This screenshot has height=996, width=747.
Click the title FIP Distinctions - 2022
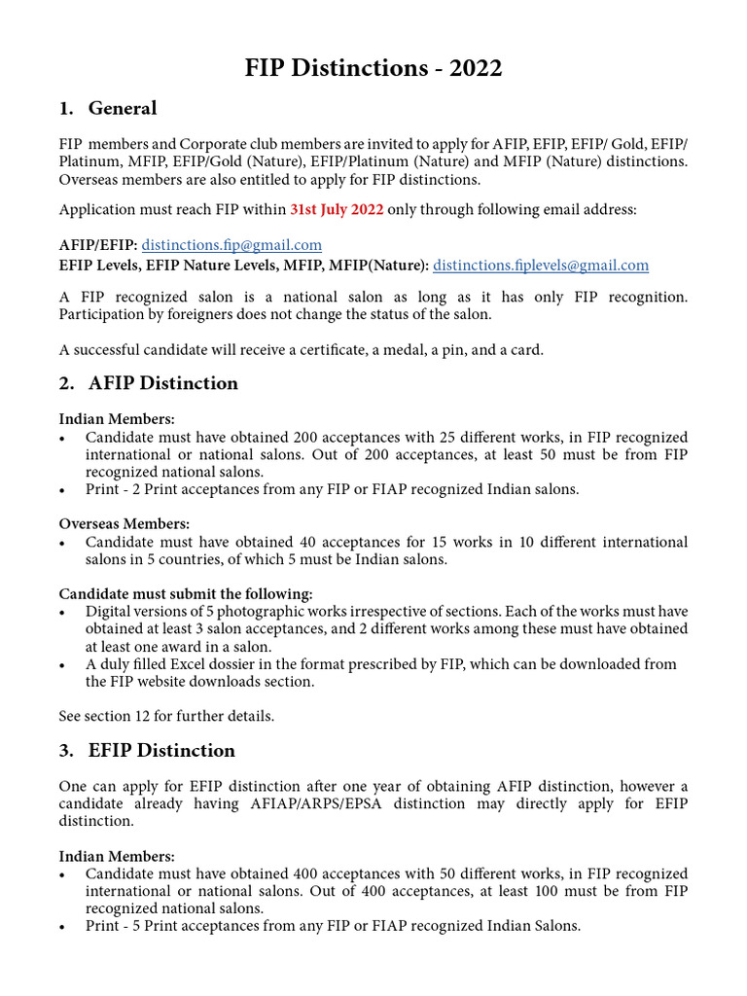click(x=373, y=68)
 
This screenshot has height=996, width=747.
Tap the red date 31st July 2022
click(x=337, y=209)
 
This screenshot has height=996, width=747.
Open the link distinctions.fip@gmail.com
click(x=231, y=245)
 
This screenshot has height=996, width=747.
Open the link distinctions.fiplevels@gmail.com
click(x=540, y=265)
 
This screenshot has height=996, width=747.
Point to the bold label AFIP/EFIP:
click(x=98, y=245)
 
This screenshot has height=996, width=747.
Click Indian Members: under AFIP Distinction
click(x=117, y=419)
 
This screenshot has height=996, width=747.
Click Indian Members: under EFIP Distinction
click(x=117, y=856)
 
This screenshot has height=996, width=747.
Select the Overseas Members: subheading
click(x=124, y=524)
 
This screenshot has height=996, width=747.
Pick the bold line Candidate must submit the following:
click(x=186, y=593)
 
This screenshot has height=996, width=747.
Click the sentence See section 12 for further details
click(x=166, y=716)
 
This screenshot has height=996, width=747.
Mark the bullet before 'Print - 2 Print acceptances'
click(x=63, y=490)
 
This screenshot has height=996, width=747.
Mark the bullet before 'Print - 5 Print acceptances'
click(x=63, y=927)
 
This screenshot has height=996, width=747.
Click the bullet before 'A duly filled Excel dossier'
click(x=63, y=664)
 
